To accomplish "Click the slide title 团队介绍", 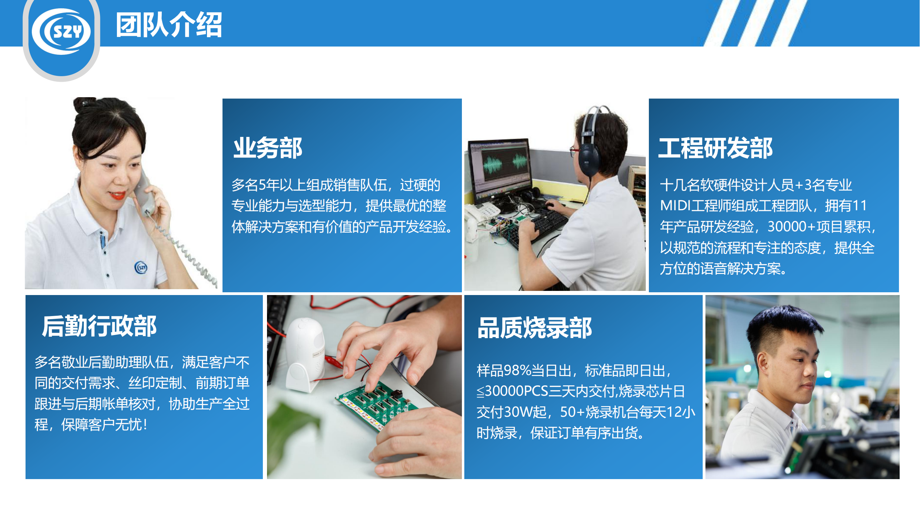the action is click(x=169, y=25).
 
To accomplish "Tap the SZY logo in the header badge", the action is click(x=61, y=31).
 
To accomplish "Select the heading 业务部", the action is click(x=267, y=148).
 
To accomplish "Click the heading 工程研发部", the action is click(x=715, y=148).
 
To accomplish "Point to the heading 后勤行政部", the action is click(x=99, y=326).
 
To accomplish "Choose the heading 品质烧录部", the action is click(x=535, y=328).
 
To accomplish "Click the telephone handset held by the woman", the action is click(x=145, y=193).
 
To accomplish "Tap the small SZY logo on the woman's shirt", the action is click(x=141, y=267).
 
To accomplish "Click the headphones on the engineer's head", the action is click(x=589, y=143).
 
